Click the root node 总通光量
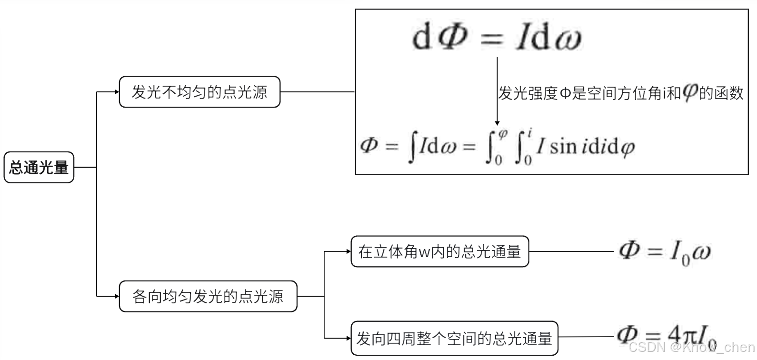click(39, 167)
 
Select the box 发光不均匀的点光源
click(199, 92)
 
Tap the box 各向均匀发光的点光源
click(208, 296)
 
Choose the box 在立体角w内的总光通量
click(439, 251)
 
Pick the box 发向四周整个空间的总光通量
click(454, 339)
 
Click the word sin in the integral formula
click(563, 146)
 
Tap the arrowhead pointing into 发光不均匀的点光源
click(117, 92)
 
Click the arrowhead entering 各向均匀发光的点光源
click(117, 296)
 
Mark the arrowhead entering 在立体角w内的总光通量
click(349, 251)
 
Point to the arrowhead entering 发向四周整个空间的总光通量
click(349, 339)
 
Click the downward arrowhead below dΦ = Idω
click(497, 123)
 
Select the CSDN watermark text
click(691, 347)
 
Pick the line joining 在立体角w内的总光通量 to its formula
click(571, 251)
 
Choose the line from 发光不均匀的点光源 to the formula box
click(318, 92)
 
